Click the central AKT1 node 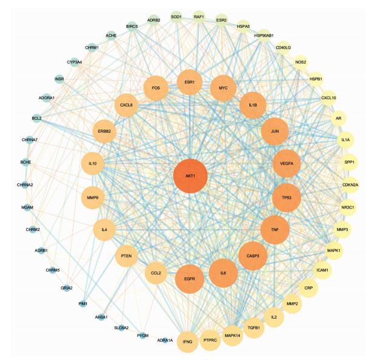(x=190, y=176)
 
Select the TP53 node (x=286, y=198)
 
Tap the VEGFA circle (x=286, y=164)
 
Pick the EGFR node (x=190, y=279)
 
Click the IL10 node (x=92, y=164)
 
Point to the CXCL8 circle (x=126, y=105)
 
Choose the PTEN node (x=126, y=256)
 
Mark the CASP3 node (x=253, y=256)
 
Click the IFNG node (x=187, y=342)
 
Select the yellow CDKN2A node (x=350, y=185)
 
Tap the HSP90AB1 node (x=264, y=35)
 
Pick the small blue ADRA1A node (x=165, y=340)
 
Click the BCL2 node (x=36, y=118)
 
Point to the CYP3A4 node (x=74, y=62)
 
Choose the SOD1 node (x=176, y=17)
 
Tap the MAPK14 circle (x=232, y=336)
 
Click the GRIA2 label (x=66, y=288)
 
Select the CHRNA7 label (x=30, y=140)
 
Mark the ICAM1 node (x=322, y=270)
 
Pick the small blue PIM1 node (x=83, y=303)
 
